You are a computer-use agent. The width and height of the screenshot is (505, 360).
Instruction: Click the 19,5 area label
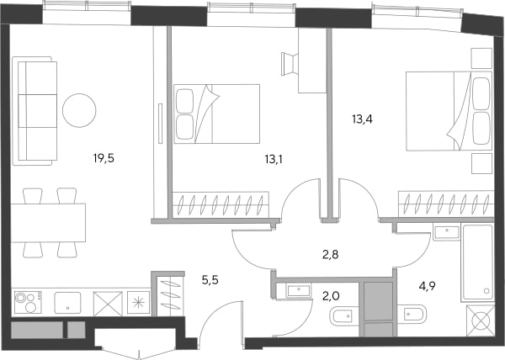104,158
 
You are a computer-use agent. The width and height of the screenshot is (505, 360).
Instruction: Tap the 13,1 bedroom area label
274,159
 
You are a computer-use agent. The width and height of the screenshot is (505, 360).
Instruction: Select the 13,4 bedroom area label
362,119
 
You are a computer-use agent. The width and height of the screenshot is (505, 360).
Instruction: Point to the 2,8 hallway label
331,255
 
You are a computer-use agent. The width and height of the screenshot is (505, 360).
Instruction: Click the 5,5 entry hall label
210,280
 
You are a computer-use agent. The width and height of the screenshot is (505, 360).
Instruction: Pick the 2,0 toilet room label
331,295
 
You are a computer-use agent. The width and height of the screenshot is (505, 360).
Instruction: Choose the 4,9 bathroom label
427,285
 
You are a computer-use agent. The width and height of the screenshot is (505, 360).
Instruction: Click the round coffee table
79,110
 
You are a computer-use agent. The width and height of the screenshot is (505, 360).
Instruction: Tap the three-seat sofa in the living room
35,111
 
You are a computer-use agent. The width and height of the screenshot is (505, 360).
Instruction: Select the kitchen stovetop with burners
28,303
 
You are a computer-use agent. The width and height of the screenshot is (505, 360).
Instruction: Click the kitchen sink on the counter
67,303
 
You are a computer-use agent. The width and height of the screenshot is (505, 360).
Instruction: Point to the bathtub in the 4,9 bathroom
477,263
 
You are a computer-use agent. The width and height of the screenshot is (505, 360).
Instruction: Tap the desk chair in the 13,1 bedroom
290,64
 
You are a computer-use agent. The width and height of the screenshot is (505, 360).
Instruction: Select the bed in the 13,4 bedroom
449,111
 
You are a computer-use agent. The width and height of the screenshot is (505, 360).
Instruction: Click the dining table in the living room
48,223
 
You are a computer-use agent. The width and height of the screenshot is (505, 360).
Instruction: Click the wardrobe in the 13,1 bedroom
221,204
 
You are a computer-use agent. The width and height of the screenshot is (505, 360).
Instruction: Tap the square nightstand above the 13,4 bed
481,58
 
